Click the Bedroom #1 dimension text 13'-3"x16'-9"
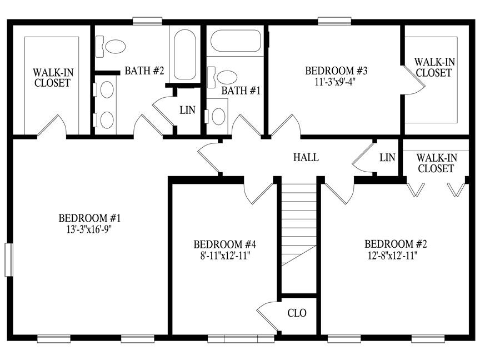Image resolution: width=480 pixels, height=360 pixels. pos(88,229)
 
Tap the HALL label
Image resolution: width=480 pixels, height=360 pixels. pos(306,157)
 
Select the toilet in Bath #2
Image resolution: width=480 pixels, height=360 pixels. pos(111,47)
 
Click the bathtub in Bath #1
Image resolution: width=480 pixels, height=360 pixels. pos(236,41)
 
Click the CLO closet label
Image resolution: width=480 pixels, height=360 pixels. pos(297,313)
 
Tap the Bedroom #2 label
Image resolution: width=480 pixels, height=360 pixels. pos(396,244)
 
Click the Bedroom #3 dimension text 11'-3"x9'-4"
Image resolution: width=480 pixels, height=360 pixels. pos(336,82)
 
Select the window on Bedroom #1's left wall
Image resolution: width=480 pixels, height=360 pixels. pos(9,259)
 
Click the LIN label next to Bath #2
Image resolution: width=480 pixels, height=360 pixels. pos(187,110)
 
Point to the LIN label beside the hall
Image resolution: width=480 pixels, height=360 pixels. pos(387,158)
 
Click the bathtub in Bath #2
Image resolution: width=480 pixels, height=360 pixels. pos(185,55)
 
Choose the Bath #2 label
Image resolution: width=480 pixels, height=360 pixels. pos(144,71)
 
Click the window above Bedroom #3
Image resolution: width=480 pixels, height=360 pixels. pos(334,21)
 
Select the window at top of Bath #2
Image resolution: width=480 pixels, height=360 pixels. pos(147,21)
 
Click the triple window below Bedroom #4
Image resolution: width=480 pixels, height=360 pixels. pos(241,339)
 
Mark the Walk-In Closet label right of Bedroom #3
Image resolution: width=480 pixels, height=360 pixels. pos(434,67)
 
